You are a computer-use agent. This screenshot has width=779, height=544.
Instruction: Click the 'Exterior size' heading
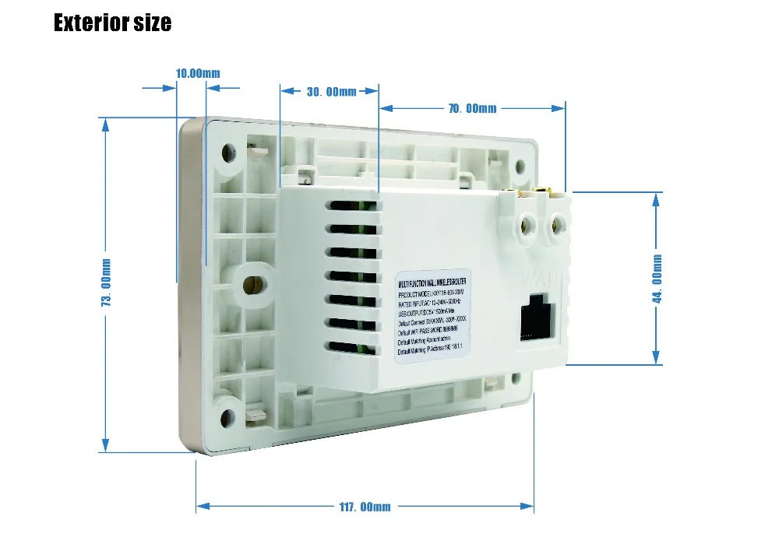pyautogui.click(x=112, y=23)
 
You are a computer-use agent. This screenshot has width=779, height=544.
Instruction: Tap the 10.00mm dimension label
pyautogui.click(x=198, y=73)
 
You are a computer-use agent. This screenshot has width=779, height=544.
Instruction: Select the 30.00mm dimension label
pyautogui.click(x=331, y=92)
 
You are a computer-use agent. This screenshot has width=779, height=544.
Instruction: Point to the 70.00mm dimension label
pyautogui.click(x=472, y=108)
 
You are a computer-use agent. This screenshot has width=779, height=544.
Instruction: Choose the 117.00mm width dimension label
pyautogui.click(x=365, y=507)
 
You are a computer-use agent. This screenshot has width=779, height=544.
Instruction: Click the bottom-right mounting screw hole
pyautogui.click(x=514, y=379)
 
